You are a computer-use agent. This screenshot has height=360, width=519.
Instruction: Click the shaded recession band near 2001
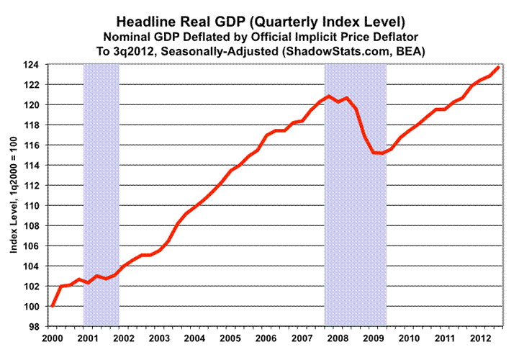pyautogui.click(x=101, y=194)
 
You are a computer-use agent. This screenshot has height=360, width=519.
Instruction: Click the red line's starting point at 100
pyautogui.click(x=53, y=306)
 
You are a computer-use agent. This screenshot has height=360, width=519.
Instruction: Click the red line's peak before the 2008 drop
pyautogui.click(x=329, y=96)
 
